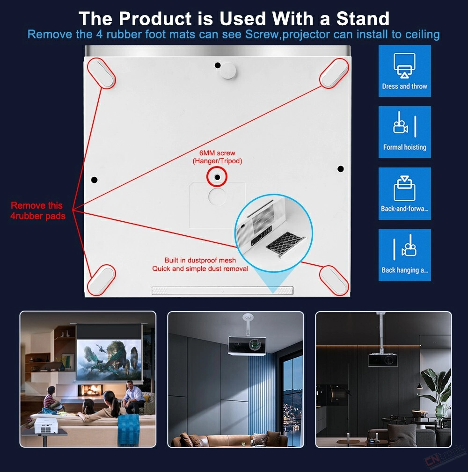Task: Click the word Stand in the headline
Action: point(363,19)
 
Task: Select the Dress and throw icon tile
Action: point(404,71)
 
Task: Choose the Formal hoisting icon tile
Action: point(404,132)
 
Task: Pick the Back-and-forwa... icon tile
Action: point(404,193)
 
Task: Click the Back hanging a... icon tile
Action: point(404,255)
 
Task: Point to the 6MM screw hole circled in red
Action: point(217,177)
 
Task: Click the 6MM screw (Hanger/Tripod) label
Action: point(217,157)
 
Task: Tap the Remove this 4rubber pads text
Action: point(37,211)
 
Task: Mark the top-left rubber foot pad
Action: point(102,73)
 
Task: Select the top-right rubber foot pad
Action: point(334,73)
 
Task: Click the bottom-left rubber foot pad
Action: point(102,280)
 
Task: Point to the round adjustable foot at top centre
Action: point(227,71)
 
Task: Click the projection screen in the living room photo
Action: point(109,360)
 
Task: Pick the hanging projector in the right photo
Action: point(383,360)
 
